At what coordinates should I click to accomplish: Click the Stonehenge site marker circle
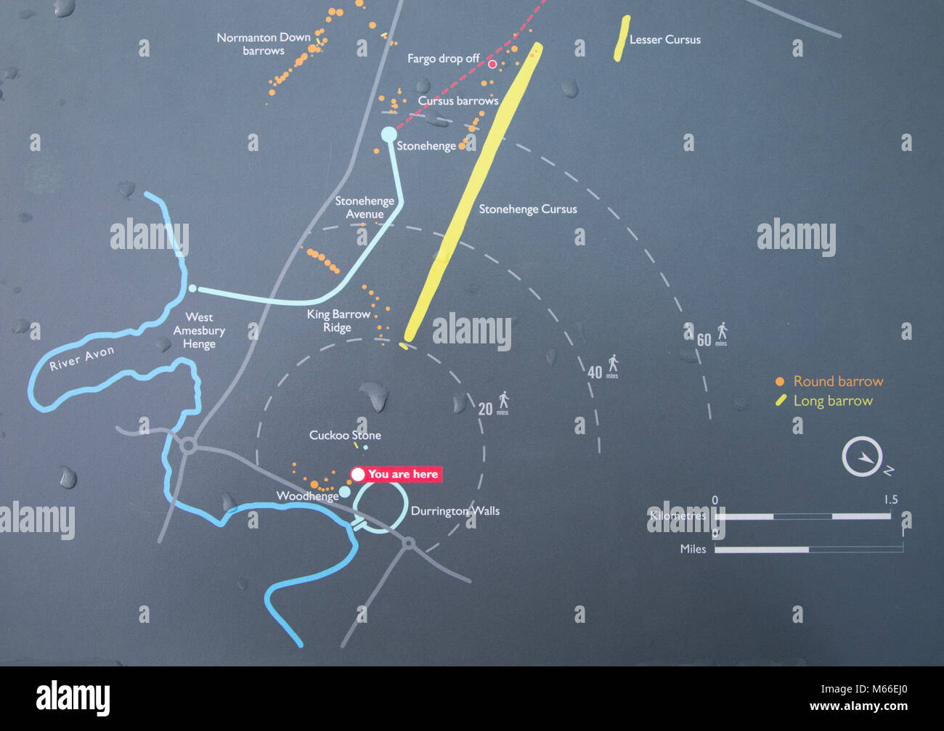click(389, 134)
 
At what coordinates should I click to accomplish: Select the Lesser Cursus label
click(664, 40)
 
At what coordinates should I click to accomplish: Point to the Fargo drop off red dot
click(492, 65)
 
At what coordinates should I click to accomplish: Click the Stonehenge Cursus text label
click(528, 209)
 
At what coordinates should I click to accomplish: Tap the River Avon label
click(81, 359)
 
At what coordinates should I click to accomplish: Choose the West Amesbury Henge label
click(199, 330)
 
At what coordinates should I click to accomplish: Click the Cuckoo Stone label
click(345, 435)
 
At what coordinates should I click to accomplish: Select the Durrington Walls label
click(455, 511)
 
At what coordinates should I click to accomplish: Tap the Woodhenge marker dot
click(345, 492)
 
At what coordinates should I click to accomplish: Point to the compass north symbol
click(863, 457)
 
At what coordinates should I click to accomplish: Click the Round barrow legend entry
click(830, 381)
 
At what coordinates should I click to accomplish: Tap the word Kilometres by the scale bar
click(678, 515)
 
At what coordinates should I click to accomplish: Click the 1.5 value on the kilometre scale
click(891, 499)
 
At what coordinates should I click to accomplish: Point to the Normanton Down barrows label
click(264, 44)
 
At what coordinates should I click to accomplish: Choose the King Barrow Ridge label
click(338, 321)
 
